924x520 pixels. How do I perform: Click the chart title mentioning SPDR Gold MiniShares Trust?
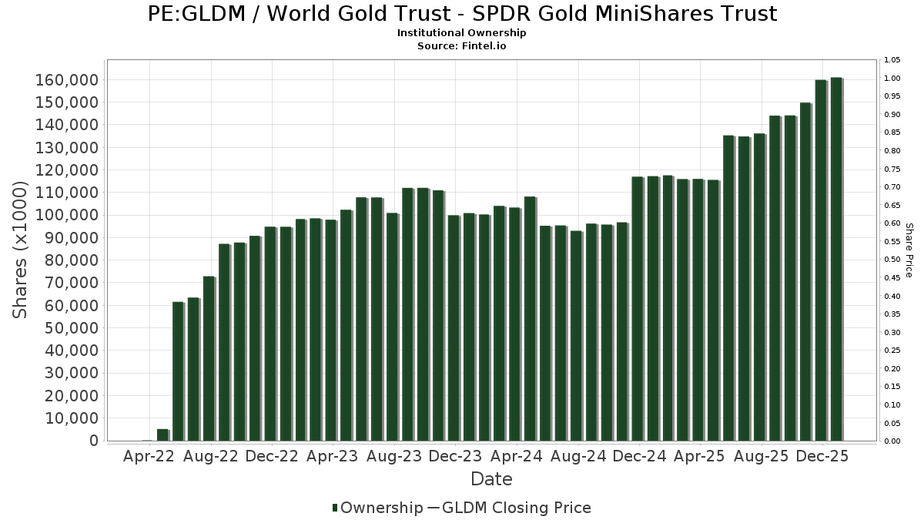[x=462, y=14]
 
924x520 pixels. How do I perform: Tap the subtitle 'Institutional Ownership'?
[x=462, y=33]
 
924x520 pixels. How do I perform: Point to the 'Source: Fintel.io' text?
[x=462, y=46]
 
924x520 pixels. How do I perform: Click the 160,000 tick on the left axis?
[x=66, y=80]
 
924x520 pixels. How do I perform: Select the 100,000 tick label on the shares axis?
[x=66, y=216]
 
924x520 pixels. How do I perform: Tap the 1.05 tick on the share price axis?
[x=892, y=60]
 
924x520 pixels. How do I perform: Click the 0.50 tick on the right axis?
[x=892, y=260]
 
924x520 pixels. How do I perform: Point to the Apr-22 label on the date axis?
[x=149, y=456]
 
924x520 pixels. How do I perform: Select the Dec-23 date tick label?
[x=455, y=456]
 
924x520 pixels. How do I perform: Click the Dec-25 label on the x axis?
[x=823, y=456]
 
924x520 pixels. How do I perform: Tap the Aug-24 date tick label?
[x=578, y=456]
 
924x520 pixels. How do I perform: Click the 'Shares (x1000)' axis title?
[x=21, y=250]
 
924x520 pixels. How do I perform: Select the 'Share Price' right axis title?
[x=909, y=250]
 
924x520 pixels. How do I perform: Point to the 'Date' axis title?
[x=491, y=479]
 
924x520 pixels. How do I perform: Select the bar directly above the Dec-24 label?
[x=637, y=308]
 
